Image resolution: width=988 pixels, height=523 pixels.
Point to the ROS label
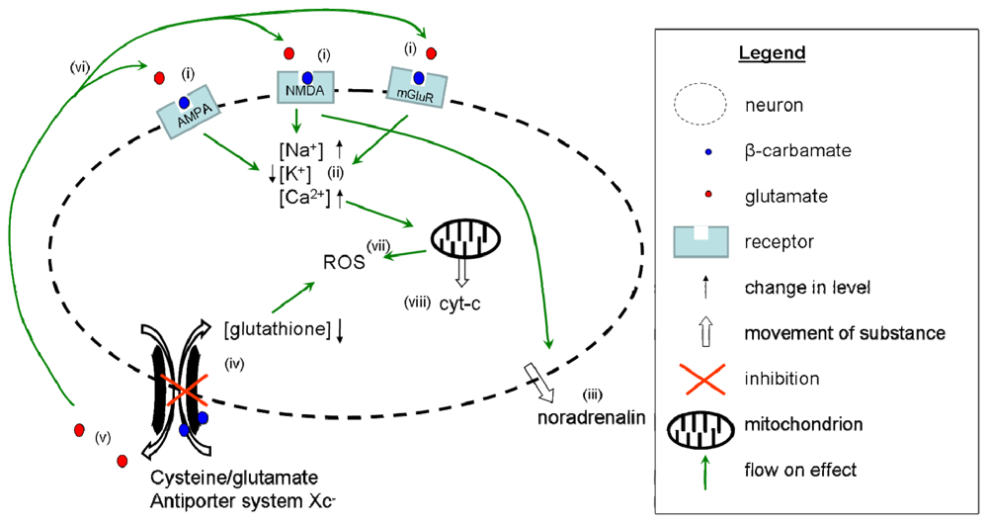click(341, 263)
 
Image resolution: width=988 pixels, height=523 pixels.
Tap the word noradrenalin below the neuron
click(591, 419)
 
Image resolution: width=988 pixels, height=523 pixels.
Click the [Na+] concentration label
click(300, 151)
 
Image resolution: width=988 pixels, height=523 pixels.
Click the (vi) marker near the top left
click(80, 67)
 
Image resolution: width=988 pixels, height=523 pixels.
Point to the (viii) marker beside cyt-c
click(415, 303)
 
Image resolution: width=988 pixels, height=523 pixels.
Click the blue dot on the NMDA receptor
click(307, 77)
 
